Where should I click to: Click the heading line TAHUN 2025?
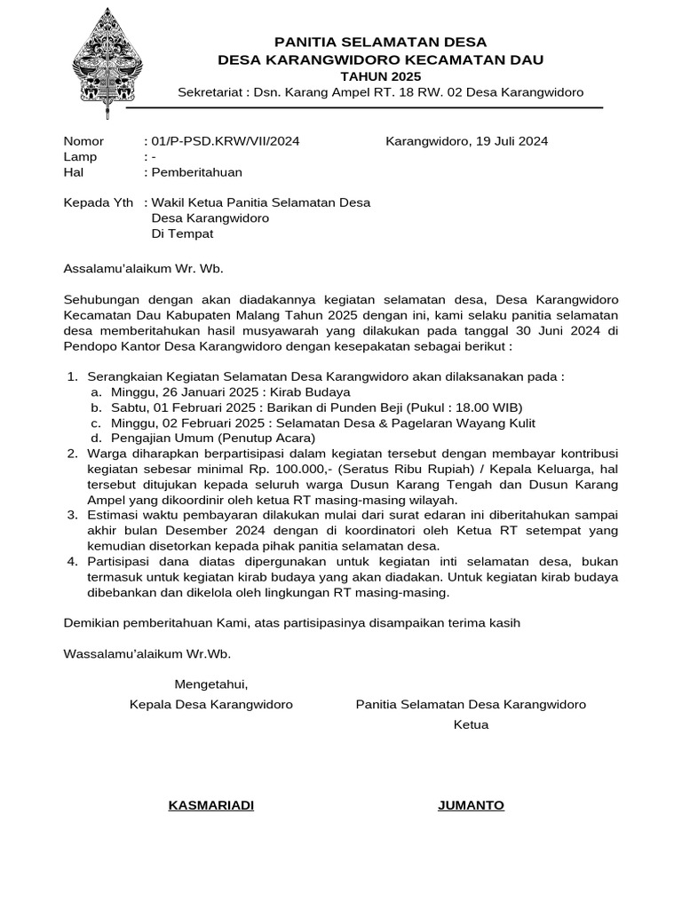(x=381, y=76)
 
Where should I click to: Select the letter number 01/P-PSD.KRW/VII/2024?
(x=226, y=141)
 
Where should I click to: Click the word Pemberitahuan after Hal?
(x=197, y=172)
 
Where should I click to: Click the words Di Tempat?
(x=182, y=234)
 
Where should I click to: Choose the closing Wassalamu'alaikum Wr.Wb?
(x=147, y=654)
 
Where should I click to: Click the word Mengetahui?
(x=211, y=684)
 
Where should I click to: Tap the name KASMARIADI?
(x=211, y=805)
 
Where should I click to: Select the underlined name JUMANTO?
(x=471, y=805)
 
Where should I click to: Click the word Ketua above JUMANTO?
(x=471, y=724)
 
